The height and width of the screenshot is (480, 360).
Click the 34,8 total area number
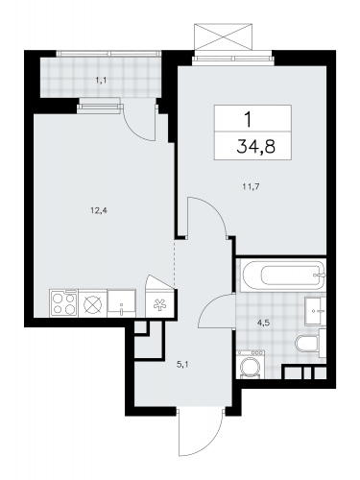pos(256,147)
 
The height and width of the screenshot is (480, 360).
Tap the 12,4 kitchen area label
pos(98,210)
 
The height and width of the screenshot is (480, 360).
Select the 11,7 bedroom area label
pos(251,187)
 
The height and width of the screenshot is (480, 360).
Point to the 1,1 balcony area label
pos(101,81)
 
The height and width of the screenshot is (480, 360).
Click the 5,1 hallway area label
pos(181,364)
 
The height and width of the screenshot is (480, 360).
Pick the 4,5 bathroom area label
pos(264,323)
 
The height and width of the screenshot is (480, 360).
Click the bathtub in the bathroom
pos(282,276)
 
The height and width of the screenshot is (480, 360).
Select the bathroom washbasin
pos(315,311)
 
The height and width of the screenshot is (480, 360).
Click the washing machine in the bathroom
pos(251,364)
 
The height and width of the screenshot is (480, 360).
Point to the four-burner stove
pos(63,303)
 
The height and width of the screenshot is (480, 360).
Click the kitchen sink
pos(122,303)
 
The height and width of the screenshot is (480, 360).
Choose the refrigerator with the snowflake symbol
pos(159,303)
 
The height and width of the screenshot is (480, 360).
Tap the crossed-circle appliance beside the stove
pos(92,303)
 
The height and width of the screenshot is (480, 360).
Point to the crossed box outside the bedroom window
pos(223,36)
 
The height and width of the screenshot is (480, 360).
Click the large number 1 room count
pos(249,120)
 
